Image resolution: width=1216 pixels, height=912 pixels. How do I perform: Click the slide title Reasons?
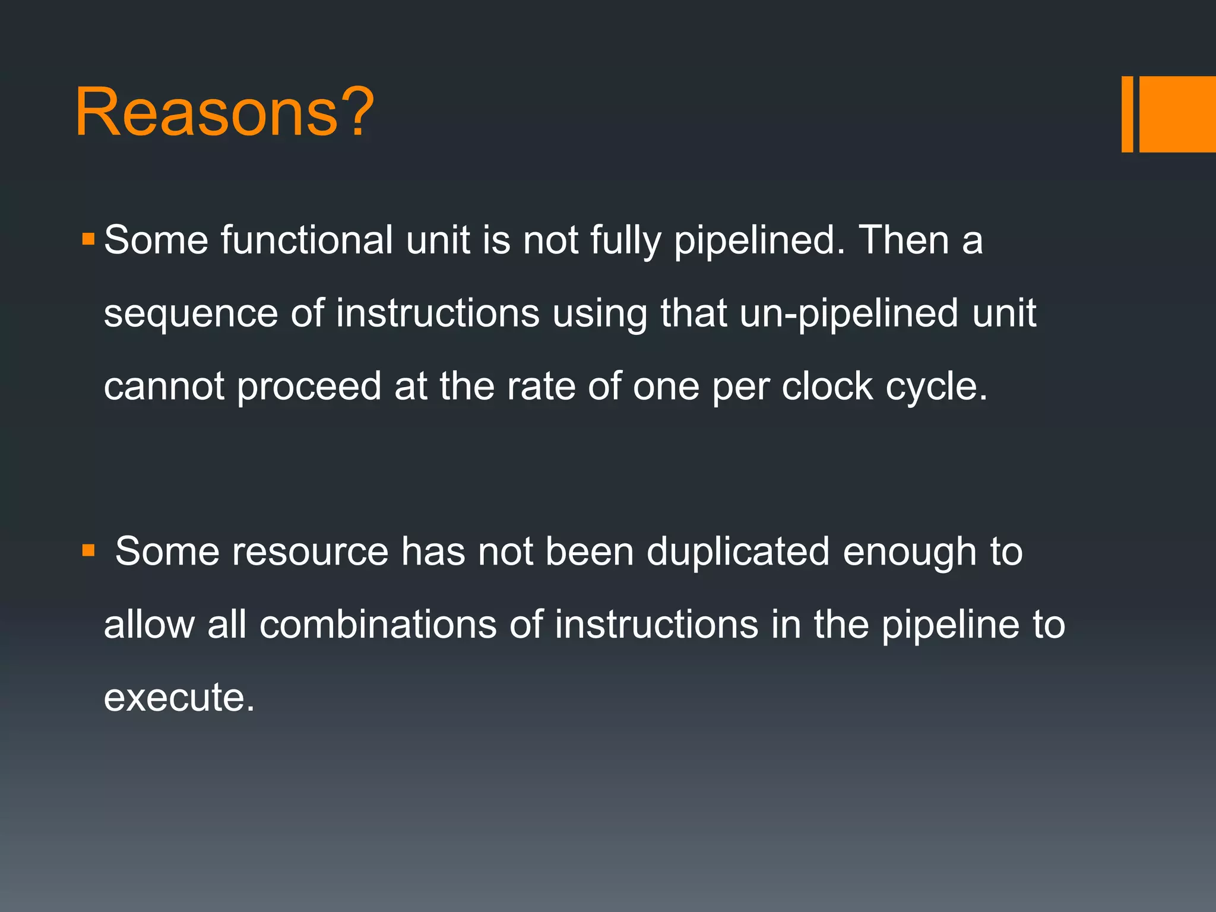tap(224, 112)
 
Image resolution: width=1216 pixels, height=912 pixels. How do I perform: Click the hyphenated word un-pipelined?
tap(848, 313)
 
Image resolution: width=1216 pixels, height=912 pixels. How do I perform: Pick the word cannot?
tap(164, 387)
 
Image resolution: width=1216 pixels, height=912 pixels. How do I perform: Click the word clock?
tap(827, 387)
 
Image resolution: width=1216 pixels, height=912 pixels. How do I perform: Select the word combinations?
tap(378, 625)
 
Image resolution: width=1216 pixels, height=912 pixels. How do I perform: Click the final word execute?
tap(178, 697)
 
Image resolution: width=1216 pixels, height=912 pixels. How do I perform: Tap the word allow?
tap(149, 625)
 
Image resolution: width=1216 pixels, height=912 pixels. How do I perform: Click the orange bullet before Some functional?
tap(88, 240)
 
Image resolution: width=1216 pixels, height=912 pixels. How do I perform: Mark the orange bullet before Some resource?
tap(88, 551)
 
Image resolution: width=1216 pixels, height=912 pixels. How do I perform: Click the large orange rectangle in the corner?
tap(1177, 114)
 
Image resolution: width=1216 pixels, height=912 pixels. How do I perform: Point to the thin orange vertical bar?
tap(1127, 114)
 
